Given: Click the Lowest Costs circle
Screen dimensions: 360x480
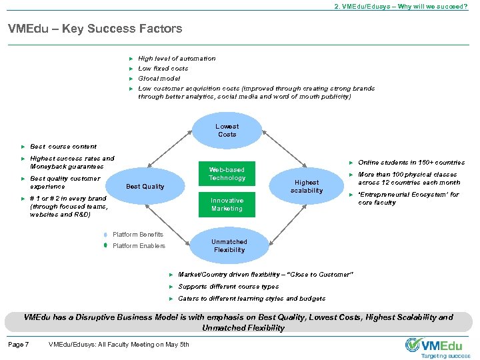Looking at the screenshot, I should coord(227,130).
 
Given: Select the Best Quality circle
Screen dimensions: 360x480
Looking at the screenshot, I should coord(145,186).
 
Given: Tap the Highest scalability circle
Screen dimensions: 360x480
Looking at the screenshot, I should coord(306,186).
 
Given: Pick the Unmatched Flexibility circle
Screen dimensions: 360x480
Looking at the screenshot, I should coord(229,246).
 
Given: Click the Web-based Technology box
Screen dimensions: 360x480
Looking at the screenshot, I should coord(227,174).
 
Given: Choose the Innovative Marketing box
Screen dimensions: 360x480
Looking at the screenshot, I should coord(227,205).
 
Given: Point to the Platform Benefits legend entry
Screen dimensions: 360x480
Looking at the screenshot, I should coord(137,234).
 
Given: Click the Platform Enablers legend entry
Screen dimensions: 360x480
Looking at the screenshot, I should coord(139,246).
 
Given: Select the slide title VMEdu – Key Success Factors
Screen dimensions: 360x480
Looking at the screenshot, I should coord(95,29).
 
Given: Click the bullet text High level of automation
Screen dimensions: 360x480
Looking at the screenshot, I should coord(177,59).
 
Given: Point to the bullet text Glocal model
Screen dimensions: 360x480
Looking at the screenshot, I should coord(159,78).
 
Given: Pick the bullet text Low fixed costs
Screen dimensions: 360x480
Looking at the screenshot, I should coord(163,69).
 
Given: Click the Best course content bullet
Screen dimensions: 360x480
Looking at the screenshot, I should coord(63,147).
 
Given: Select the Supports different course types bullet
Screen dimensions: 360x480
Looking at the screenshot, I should coord(229,287).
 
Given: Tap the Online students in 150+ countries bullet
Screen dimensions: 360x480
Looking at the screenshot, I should coord(411,163).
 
